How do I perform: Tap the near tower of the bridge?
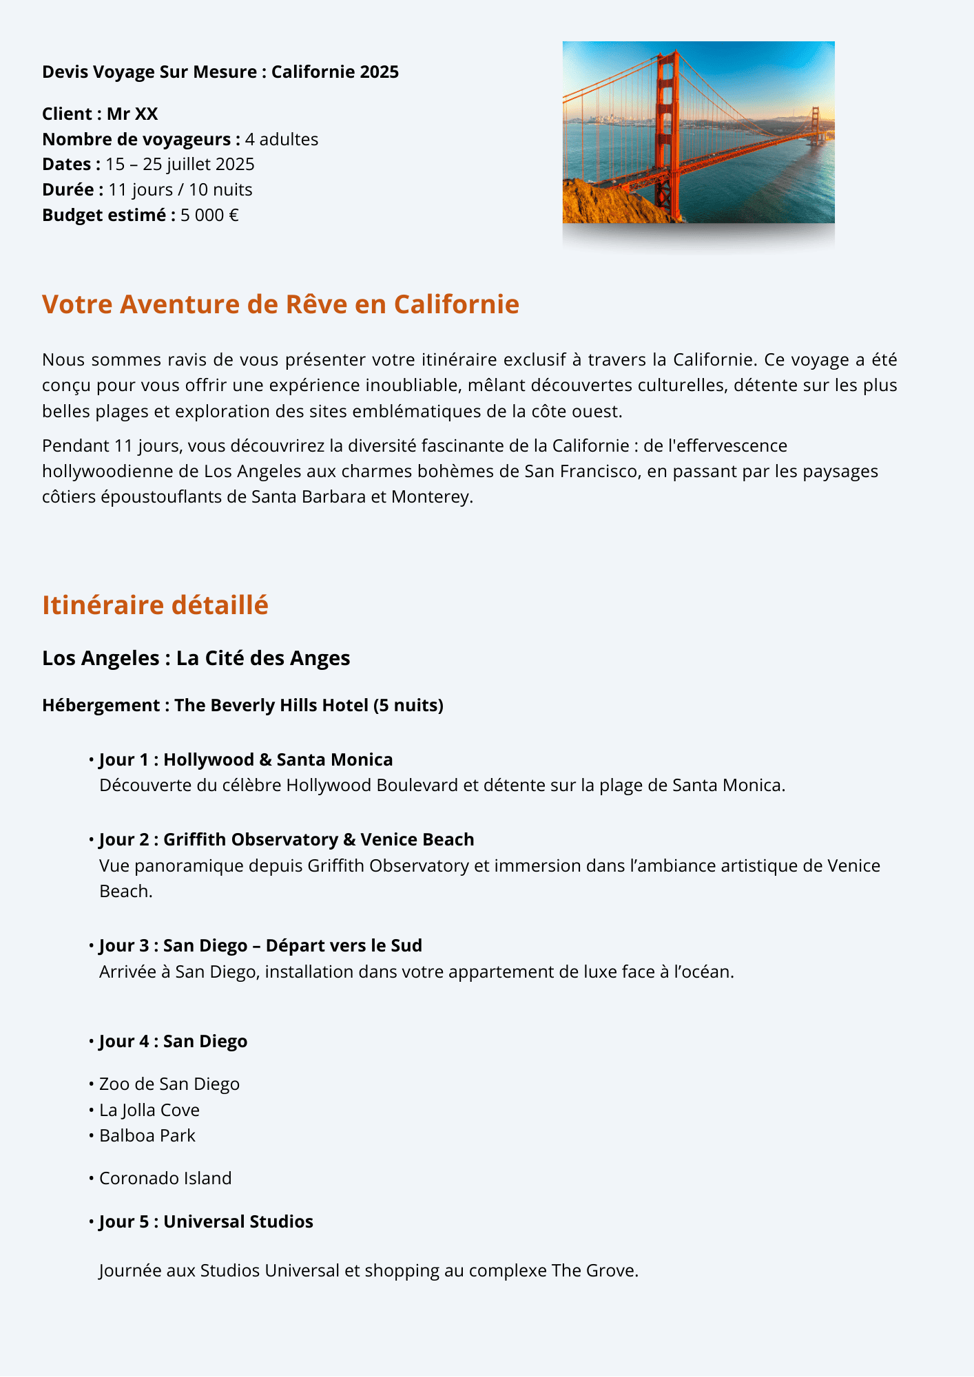click(666, 124)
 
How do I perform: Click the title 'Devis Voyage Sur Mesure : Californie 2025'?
click(220, 72)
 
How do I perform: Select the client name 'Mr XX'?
click(132, 114)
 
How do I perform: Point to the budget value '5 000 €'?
click(209, 216)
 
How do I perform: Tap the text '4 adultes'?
click(282, 140)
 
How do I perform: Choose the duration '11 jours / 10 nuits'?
click(180, 190)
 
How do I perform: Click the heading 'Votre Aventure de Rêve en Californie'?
click(280, 304)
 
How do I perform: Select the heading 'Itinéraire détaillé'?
click(155, 605)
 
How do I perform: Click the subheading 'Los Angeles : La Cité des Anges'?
click(196, 658)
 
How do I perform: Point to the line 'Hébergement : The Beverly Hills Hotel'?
click(242, 706)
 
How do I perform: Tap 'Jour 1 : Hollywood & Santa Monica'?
click(246, 760)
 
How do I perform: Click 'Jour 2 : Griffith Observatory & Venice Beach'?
click(287, 840)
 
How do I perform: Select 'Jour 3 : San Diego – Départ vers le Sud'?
click(260, 946)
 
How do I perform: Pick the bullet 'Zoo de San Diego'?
click(169, 1084)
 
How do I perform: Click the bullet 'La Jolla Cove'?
click(149, 1111)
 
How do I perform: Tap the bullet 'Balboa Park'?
click(147, 1136)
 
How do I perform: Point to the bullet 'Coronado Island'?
click(165, 1179)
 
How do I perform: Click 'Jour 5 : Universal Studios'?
click(206, 1222)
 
